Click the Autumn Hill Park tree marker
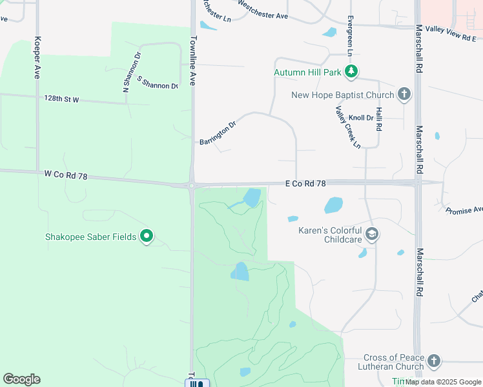(351, 72)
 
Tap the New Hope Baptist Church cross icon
(404, 95)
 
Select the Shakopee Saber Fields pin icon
(147, 237)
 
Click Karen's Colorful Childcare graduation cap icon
(371, 233)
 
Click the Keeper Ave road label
(37, 57)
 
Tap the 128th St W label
(61, 99)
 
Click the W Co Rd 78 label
(67, 174)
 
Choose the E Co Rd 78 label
(305, 184)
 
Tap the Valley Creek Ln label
(348, 128)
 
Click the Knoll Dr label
(361, 118)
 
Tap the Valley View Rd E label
(451, 38)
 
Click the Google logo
(21, 379)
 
